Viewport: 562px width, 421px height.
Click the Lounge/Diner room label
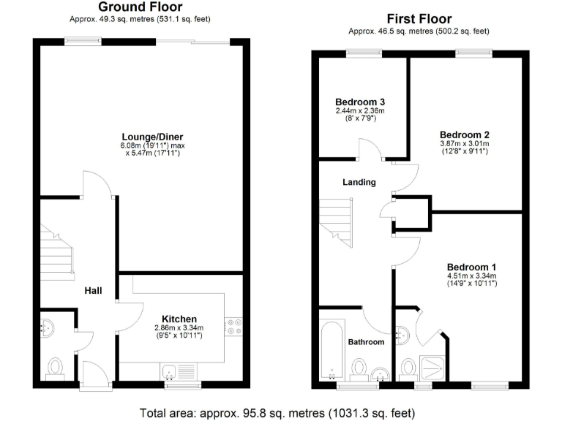tap(152, 137)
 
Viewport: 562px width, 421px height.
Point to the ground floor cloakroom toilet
tap(56, 366)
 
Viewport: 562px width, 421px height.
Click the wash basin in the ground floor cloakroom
tap(47, 327)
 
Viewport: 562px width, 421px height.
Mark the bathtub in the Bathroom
tap(332, 349)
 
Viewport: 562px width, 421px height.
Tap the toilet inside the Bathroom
tap(359, 368)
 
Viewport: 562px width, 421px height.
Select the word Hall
tap(93, 291)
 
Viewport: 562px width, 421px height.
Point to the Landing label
tap(361, 182)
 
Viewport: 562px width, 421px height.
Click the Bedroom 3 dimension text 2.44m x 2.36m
tap(360, 111)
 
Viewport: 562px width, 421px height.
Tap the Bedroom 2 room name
tap(464, 134)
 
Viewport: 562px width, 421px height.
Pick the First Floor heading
tap(419, 19)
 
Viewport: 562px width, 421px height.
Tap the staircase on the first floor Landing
tap(337, 223)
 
